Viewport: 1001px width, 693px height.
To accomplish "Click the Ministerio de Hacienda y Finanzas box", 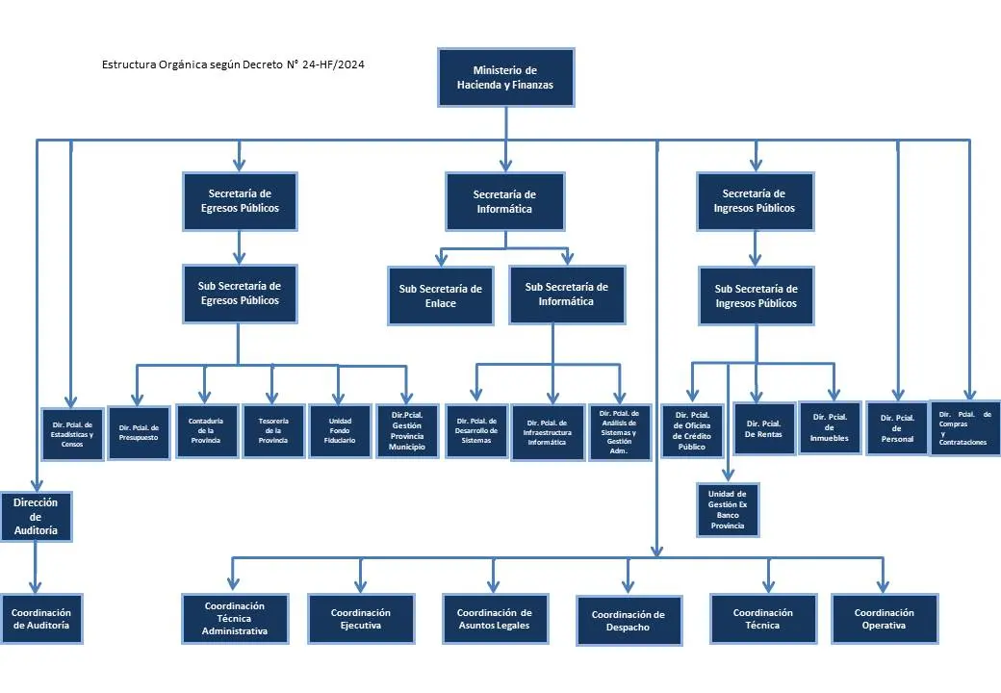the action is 505,77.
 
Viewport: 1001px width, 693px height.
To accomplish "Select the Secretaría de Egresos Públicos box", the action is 240,201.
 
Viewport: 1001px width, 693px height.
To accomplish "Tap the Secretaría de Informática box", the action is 505,202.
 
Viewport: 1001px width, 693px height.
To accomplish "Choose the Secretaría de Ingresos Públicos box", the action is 756,201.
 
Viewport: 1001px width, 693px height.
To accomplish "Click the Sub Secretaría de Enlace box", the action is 441,296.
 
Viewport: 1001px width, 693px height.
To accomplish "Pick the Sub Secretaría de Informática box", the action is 567,295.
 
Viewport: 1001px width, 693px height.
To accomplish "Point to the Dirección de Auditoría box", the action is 36,516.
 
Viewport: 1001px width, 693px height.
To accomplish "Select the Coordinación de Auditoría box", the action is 41,618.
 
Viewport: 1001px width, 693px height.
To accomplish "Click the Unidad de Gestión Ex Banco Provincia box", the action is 728,509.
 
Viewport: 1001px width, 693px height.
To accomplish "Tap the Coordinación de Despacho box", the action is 629,621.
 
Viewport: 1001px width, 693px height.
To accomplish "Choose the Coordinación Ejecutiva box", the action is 361,618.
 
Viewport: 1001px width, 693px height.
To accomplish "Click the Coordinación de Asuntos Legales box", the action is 495,618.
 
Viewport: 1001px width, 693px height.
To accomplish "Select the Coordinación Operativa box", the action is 885,618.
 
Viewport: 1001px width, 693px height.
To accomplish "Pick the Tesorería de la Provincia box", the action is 273,431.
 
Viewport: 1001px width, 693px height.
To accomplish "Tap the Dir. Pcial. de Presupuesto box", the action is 139,433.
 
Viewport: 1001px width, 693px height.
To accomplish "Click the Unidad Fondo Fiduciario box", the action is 340,431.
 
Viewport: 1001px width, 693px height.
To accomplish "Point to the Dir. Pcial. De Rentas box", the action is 764,428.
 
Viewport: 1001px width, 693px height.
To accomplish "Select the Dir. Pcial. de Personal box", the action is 897,428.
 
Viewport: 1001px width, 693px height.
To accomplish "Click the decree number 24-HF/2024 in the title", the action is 333,64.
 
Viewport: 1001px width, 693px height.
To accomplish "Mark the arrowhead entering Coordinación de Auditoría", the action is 35,586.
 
